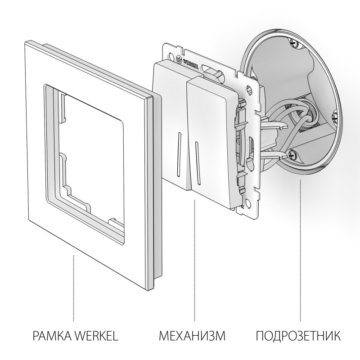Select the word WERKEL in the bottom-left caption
[x=97, y=336]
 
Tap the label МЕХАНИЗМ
[x=192, y=336]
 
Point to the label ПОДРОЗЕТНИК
[x=298, y=336]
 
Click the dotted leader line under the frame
[x=73, y=283]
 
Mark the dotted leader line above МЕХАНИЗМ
[x=194, y=265]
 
